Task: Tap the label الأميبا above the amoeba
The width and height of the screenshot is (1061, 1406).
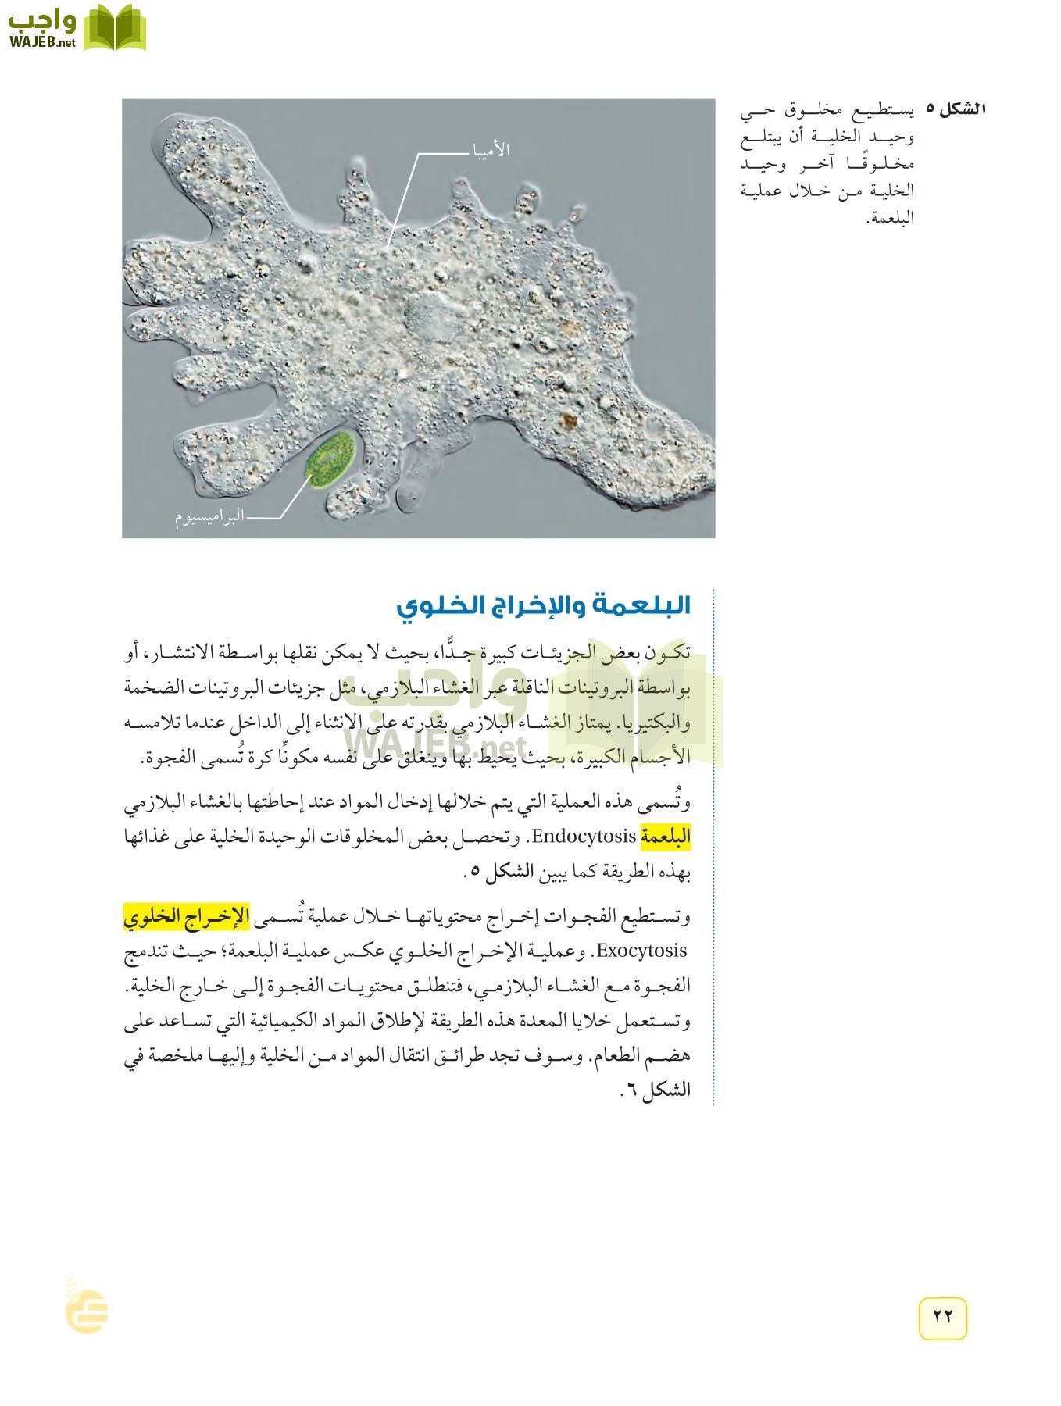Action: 491,150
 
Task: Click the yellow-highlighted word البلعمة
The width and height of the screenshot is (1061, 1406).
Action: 666,837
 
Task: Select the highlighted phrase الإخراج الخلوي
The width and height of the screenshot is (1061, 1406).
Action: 186,916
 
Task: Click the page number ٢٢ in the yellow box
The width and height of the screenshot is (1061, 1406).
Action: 942,1315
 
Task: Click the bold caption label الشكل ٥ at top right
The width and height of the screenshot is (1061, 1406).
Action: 955,109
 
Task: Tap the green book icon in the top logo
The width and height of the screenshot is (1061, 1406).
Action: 114,28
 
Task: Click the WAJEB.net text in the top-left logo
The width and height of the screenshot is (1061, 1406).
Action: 42,42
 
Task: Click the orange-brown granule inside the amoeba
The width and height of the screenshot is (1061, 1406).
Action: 569,423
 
